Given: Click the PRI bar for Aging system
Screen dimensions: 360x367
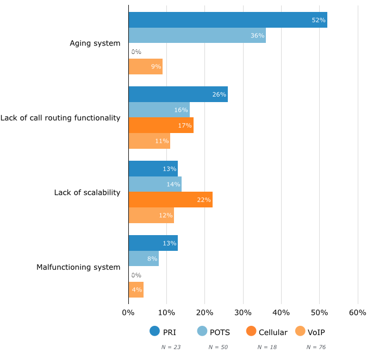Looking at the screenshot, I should click(227, 20).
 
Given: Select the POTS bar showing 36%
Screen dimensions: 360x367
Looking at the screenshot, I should click(197, 36).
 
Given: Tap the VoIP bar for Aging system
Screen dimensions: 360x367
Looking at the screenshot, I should click(145, 67).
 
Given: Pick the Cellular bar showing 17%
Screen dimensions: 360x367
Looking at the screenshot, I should click(161, 125).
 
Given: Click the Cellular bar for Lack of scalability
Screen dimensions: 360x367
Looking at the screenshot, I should click(170, 200).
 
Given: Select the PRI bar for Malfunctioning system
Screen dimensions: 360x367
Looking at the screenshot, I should click(153, 243).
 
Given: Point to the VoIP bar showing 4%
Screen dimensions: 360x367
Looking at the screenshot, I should click(136, 290).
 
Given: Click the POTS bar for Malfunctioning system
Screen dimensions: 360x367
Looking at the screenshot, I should click(144, 259).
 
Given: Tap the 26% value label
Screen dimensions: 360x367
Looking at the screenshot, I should click(219, 94).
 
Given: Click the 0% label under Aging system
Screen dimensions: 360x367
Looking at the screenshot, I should click(136, 52).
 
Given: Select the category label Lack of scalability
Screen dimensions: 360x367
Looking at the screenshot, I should click(87, 193).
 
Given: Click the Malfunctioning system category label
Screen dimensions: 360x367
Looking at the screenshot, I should click(78, 267).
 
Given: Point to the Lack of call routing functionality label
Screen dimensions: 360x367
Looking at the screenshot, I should click(60, 118).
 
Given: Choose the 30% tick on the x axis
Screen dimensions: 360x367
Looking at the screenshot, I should click(243, 313).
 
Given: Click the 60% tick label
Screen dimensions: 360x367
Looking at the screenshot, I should click(357, 313).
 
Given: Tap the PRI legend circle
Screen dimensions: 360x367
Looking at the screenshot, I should click(154, 332).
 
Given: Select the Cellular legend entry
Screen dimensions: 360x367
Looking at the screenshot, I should click(266, 332).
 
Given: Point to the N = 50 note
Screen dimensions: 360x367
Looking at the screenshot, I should click(219, 346).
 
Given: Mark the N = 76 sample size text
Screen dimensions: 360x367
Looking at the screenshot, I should click(316, 346).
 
